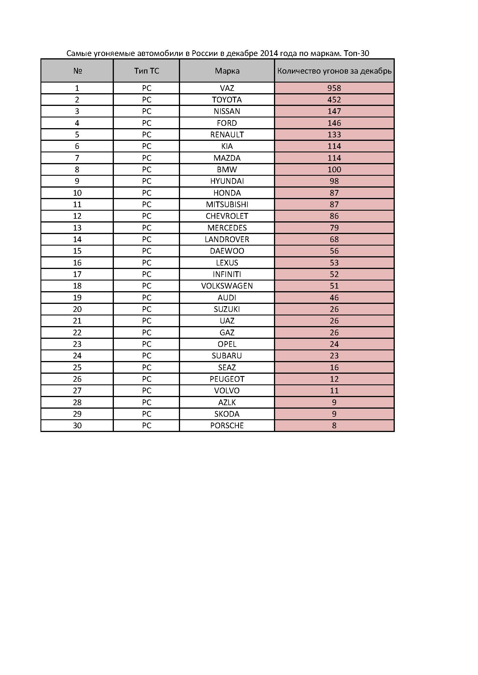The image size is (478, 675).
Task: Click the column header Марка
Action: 227,71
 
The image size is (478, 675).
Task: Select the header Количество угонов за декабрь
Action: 334,71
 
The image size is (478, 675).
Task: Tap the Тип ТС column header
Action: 147,71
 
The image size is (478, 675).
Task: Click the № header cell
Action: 77,71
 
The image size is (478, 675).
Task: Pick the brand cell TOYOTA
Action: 227,100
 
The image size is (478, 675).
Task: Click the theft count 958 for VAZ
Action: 334,88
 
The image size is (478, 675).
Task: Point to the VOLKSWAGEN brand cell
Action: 227,286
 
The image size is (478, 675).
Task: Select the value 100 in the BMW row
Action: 334,169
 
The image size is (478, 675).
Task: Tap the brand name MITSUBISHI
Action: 227,204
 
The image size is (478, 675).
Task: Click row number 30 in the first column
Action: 77,425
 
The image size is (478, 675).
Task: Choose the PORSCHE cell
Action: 227,425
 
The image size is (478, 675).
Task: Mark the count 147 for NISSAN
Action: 334,111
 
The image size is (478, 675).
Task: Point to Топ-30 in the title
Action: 356,53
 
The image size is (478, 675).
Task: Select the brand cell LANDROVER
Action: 227,239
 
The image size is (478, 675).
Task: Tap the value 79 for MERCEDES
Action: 334,227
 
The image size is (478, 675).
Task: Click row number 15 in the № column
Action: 77,251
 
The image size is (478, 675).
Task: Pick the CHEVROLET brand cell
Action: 227,216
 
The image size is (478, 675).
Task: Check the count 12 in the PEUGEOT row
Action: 334,379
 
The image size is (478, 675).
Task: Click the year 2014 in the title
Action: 269,53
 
